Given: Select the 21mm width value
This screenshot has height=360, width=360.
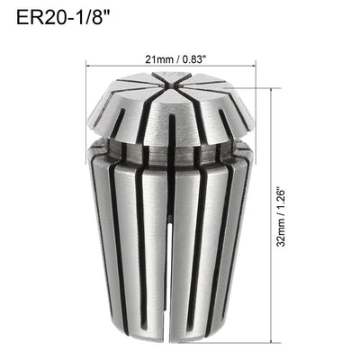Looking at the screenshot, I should (x=155, y=60).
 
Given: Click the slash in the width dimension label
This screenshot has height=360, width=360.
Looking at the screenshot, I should (x=175, y=60).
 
